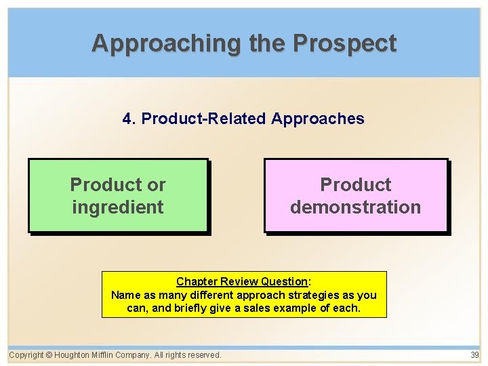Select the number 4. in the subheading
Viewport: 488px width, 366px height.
pos(129,119)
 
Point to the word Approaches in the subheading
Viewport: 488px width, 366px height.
pos(318,119)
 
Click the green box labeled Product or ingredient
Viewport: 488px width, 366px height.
pos(118,196)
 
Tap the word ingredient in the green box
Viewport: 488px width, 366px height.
pos(118,207)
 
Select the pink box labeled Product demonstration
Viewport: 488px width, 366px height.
pos(356,196)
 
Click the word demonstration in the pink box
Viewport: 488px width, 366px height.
pos(356,207)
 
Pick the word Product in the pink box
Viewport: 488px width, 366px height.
pos(356,184)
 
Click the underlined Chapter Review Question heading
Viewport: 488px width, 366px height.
pos(242,281)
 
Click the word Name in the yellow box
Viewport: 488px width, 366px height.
pos(124,295)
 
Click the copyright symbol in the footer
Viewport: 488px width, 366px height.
pos(49,355)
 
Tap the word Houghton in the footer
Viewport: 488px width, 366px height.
pos(75,355)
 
